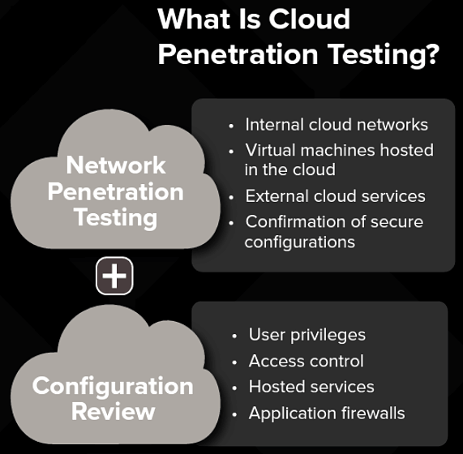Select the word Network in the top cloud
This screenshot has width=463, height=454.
(x=116, y=165)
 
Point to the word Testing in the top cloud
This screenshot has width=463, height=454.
(x=115, y=217)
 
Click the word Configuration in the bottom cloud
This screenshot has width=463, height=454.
(x=113, y=385)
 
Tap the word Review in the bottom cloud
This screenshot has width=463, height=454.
(x=113, y=411)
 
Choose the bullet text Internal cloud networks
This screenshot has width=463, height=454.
(x=337, y=125)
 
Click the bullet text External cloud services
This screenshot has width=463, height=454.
(x=335, y=196)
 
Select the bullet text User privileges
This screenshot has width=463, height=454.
(x=307, y=335)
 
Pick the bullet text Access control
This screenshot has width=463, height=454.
(x=306, y=361)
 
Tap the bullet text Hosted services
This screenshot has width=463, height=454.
(x=311, y=387)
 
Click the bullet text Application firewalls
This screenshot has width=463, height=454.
(x=326, y=413)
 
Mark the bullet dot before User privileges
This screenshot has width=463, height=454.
(x=234, y=336)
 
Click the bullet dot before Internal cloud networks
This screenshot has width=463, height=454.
(x=231, y=126)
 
